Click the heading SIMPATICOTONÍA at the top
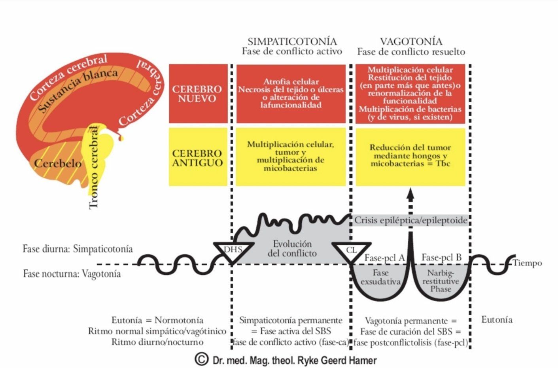pos(292,42)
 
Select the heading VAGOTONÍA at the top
pos(411,42)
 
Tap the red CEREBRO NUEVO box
pos(198,94)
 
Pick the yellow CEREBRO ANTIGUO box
pos(198,157)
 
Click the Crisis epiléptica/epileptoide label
pos(411,220)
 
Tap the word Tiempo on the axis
pos(527,263)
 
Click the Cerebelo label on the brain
pos(58,164)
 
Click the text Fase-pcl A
pos(385,258)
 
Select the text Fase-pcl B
pos(442,257)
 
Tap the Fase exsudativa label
pos(381,277)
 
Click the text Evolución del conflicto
pos(292,249)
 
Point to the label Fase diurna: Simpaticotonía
pos(78,249)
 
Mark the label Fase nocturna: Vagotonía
pos(72,274)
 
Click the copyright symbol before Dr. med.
pos(201,359)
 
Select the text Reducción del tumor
pos(410,147)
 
